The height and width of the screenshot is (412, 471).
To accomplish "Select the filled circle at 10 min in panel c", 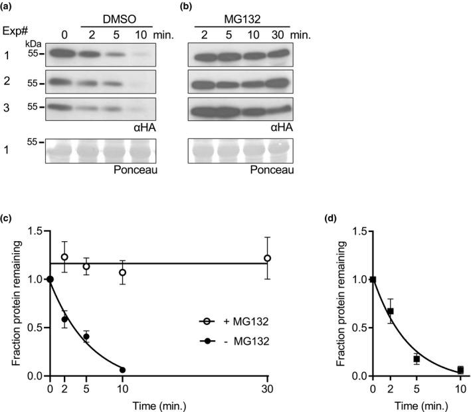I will point(122,369).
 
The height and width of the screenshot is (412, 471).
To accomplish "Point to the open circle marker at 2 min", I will point(64,257).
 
